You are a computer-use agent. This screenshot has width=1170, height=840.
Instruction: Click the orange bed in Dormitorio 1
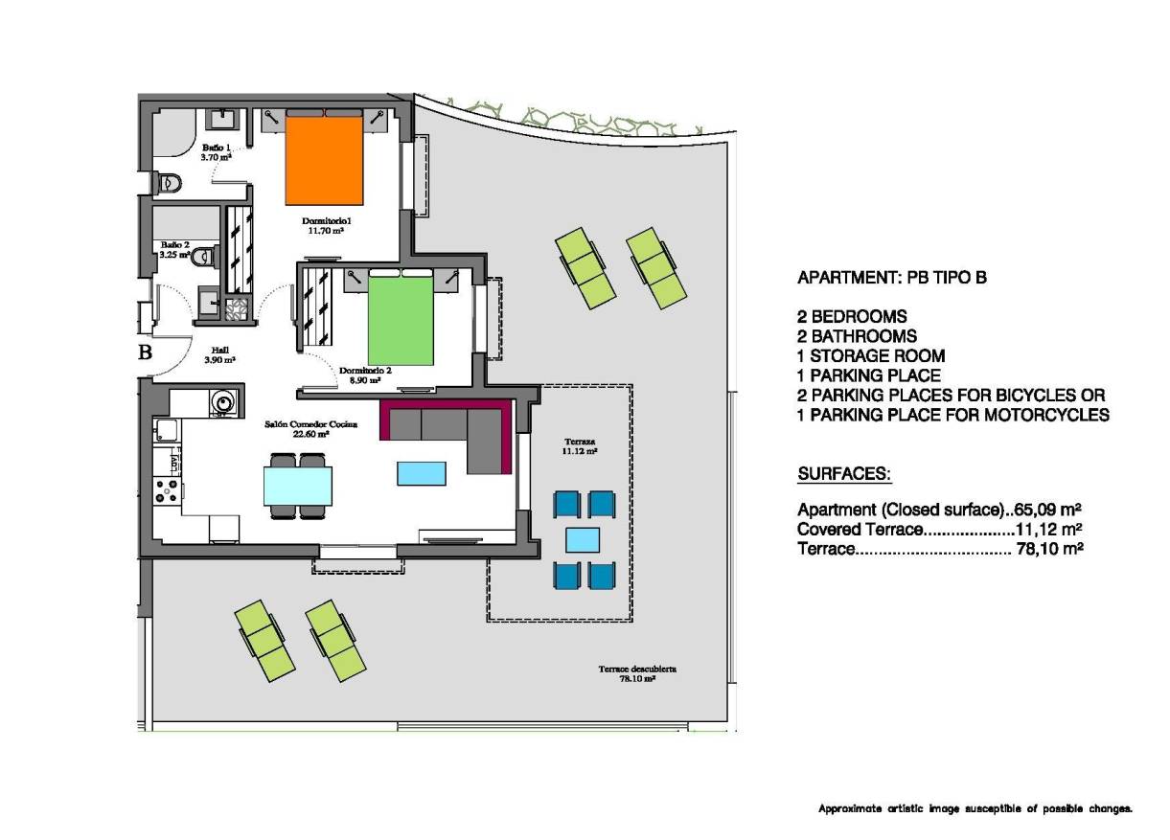pyautogui.click(x=325, y=161)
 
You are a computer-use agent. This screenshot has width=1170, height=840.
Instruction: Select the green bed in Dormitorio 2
pyautogui.click(x=402, y=317)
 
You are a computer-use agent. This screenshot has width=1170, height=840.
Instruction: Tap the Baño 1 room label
pyautogui.click(x=216, y=151)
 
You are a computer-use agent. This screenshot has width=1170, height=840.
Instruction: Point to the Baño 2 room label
pyautogui.click(x=174, y=249)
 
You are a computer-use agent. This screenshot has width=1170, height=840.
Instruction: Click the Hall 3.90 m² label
pyautogui.click(x=220, y=355)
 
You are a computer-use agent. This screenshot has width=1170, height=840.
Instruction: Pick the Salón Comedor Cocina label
pyautogui.click(x=297, y=427)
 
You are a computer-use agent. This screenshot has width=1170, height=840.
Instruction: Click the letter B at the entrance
pyautogui.click(x=146, y=352)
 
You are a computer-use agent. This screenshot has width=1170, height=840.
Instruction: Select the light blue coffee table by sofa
pyautogui.click(x=422, y=473)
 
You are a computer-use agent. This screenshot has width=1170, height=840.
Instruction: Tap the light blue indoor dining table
pyautogui.click(x=298, y=485)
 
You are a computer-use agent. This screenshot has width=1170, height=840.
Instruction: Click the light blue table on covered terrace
pyautogui.click(x=583, y=540)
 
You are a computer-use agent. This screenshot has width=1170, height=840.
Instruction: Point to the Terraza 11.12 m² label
pyautogui.click(x=580, y=445)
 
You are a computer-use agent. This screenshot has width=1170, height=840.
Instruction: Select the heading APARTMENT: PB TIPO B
pyautogui.click(x=891, y=279)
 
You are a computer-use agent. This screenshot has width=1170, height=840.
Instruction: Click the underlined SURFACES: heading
pyautogui.click(x=844, y=474)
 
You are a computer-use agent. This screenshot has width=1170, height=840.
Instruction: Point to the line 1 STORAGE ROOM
pyautogui.click(x=870, y=356)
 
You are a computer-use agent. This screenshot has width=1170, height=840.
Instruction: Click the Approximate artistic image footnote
pyautogui.click(x=975, y=809)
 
